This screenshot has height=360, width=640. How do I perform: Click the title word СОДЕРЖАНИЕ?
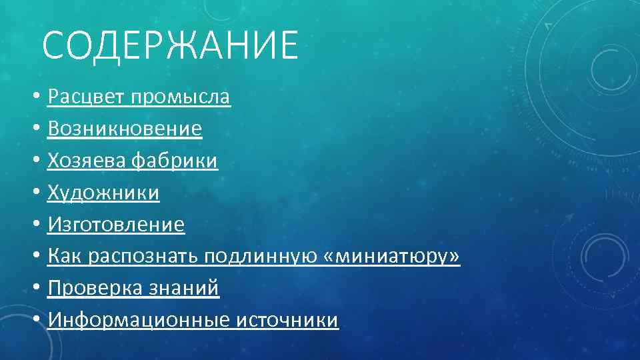[170, 45]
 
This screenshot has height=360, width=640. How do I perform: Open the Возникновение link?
[125, 129]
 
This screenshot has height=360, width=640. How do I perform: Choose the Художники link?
[103, 193]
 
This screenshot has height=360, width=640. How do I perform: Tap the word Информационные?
[139, 321]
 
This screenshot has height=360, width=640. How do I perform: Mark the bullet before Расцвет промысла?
[36, 98]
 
